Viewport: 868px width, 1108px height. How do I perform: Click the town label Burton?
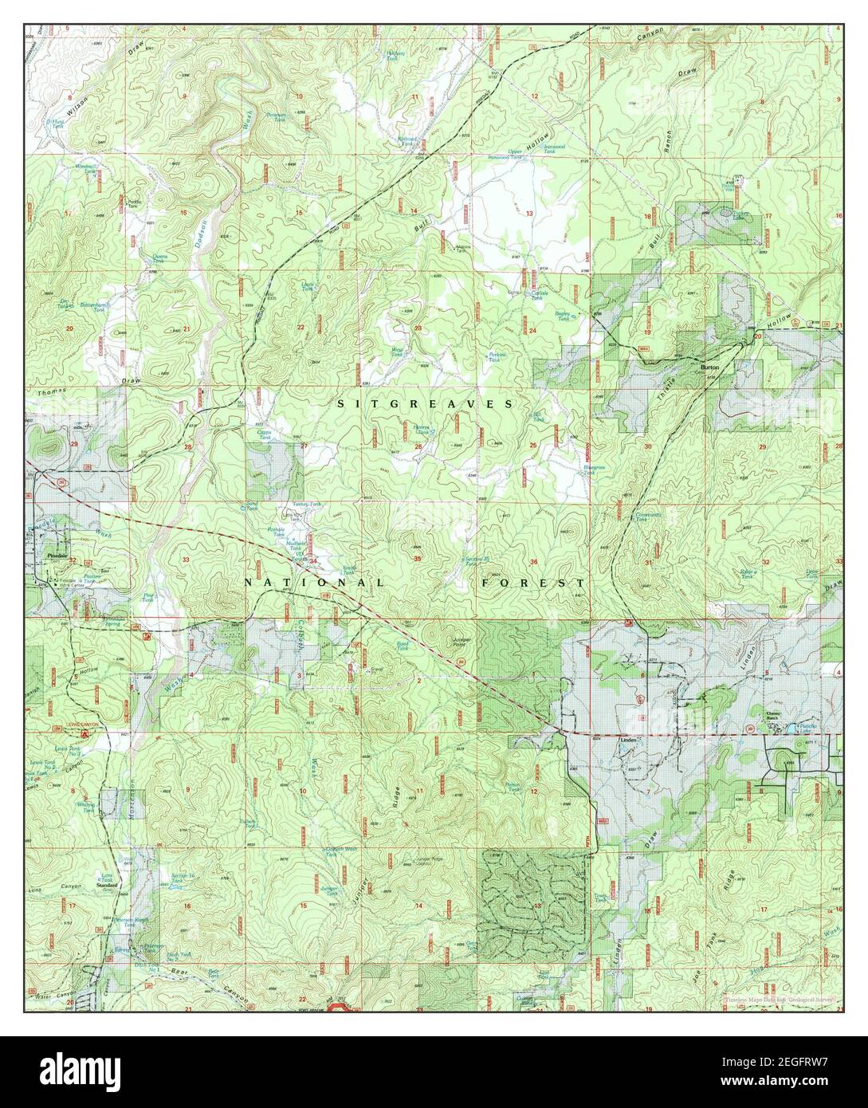709,367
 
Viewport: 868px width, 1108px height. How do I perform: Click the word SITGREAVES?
426,404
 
